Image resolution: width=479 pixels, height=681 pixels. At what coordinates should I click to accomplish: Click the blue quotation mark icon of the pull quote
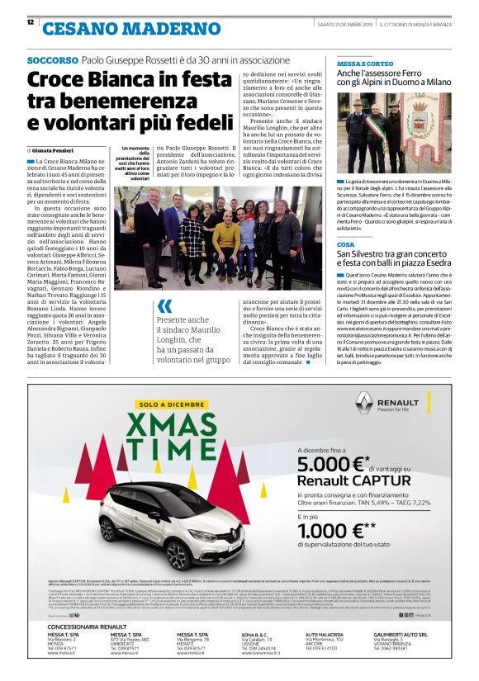(166, 305)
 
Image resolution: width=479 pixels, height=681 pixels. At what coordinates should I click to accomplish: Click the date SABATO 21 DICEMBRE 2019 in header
(345, 22)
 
